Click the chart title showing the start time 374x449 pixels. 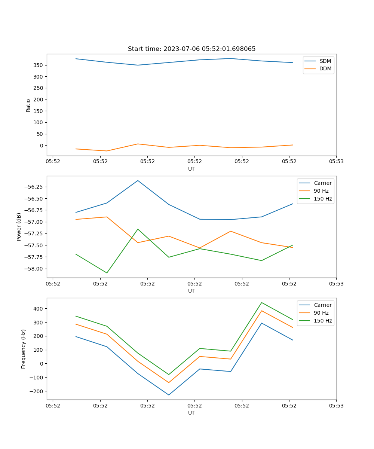click(x=191, y=49)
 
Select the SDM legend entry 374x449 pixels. click(x=325, y=61)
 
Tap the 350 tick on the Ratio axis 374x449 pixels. click(x=39, y=65)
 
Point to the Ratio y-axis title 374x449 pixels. click(x=28, y=105)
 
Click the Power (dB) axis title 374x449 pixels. click(x=19, y=227)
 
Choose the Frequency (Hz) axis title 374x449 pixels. click(x=24, y=349)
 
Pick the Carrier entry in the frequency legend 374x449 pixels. click(x=322, y=305)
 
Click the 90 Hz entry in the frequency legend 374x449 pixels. click(x=321, y=313)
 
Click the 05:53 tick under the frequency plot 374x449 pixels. click(x=336, y=405)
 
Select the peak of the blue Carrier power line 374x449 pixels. click(x=138, y=180)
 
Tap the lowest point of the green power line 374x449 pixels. click(x=107, y=273)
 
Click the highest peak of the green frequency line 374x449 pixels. click(x=261, y=302)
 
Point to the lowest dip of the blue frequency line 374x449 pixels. click(x=169, y=395)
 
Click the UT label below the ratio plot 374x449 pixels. click(x=191, y=169)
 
